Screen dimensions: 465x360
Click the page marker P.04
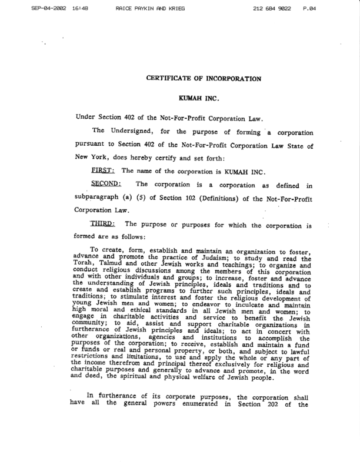click(343, 9)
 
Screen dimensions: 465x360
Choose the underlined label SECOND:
click(106, 184)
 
